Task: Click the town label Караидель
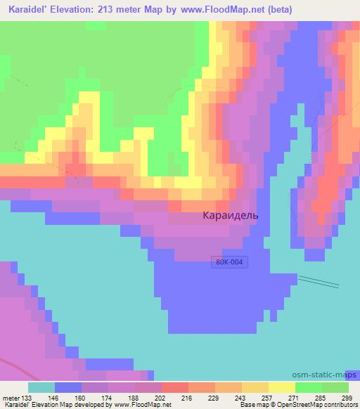click(230, 215)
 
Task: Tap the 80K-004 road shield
click(231, 262)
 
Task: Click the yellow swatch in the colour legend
click(282, 387)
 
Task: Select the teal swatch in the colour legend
click(41, 387)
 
